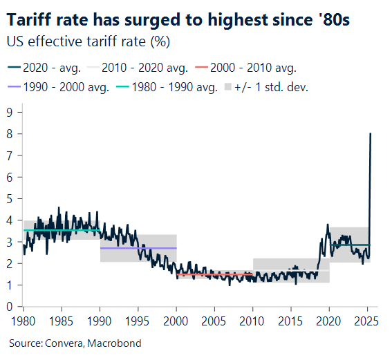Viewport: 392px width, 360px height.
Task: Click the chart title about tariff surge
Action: (178, 19)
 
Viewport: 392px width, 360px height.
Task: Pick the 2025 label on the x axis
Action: (366, 321)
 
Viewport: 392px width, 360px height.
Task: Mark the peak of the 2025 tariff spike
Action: (371, 133)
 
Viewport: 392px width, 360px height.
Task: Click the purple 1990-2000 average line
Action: (138, 248)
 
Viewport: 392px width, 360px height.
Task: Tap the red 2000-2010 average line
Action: (214, 274)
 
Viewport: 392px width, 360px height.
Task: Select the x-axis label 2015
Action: (290, 321)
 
